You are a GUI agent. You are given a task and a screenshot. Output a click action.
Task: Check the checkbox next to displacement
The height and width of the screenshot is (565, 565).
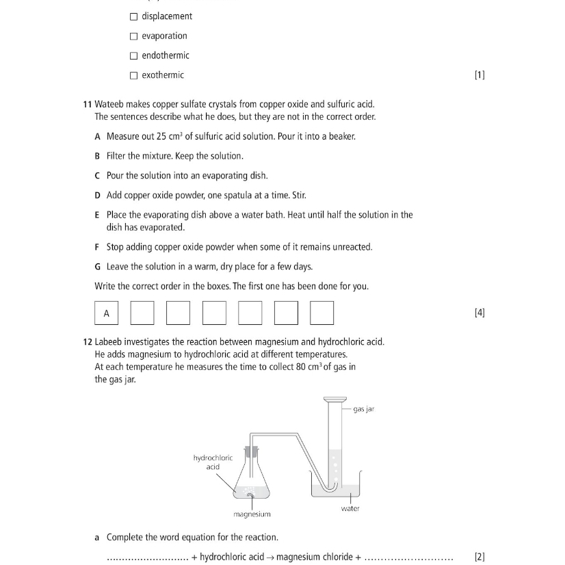(133, 16)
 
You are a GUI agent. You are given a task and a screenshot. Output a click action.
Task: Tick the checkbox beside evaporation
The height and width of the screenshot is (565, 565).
(133, 36)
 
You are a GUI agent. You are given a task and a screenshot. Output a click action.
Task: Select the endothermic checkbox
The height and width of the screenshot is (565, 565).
(133, 55)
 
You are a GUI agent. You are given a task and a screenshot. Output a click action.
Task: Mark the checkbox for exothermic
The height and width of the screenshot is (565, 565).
(133, 75)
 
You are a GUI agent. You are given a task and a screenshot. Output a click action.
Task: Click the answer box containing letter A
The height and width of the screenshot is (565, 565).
(106, 313)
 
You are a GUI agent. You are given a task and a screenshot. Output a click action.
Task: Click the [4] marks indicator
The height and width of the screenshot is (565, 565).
(479, 313)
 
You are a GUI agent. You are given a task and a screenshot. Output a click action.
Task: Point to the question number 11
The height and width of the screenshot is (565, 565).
(87, 104)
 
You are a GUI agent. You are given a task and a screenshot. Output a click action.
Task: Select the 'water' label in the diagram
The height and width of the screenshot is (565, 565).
(350, 508)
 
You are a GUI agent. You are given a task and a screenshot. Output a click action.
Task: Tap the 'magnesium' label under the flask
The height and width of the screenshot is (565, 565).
(252, 514)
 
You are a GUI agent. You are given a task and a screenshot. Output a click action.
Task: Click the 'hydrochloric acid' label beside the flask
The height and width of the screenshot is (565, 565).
(213, 462)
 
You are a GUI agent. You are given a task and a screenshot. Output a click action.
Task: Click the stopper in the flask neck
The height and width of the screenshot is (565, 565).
(251, 453)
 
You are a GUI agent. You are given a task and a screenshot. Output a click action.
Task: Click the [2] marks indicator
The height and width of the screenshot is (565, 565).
(479, 557)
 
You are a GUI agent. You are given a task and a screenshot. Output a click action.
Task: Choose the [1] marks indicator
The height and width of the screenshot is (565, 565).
(479, 75)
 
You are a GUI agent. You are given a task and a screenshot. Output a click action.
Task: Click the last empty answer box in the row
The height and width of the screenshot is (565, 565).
(321, 313)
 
